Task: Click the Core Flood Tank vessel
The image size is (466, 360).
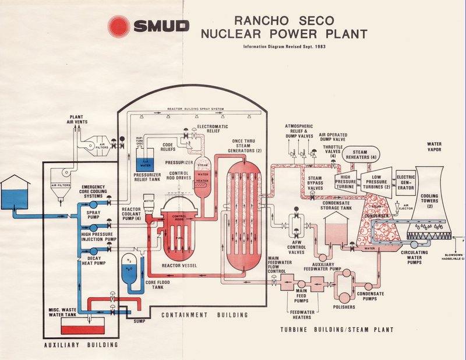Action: point(130,266)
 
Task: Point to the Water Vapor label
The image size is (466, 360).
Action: point(435,147)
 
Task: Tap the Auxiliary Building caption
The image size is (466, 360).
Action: point(81,345)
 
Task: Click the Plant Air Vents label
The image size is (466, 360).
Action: point(80,119)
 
